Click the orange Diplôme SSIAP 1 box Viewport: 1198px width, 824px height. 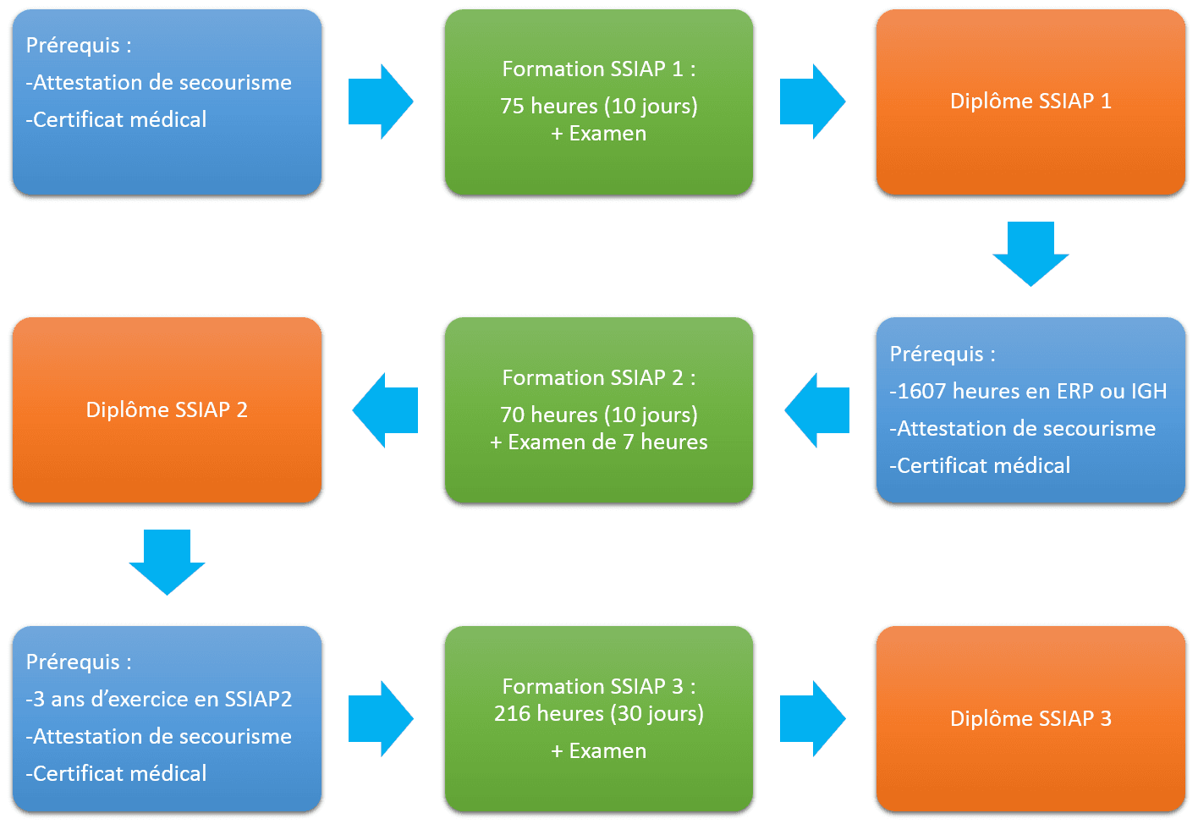(x=1030, y=102)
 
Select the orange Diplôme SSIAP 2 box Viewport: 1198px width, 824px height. (x=167, y=410)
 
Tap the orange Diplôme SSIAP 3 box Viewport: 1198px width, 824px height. (x=1030, y=718)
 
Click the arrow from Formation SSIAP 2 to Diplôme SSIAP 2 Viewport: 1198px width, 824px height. (x=386, y=410)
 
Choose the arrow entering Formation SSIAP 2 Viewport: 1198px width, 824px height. (x=817, y=410)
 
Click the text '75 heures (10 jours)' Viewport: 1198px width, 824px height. (x=598, y=106)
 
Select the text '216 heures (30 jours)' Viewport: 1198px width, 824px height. (x=598, y=713)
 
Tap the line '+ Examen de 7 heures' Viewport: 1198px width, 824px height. (x=598, y=442)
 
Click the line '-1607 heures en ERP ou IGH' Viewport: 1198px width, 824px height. (x=1028, y=391)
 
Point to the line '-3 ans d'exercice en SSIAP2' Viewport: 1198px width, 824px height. (x=159, y=699)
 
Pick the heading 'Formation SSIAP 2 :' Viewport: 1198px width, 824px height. (x=598, y=377)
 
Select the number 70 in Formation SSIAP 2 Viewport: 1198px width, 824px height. (x=512, y=415)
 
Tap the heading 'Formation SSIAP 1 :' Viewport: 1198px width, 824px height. (x=598, y=69)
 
